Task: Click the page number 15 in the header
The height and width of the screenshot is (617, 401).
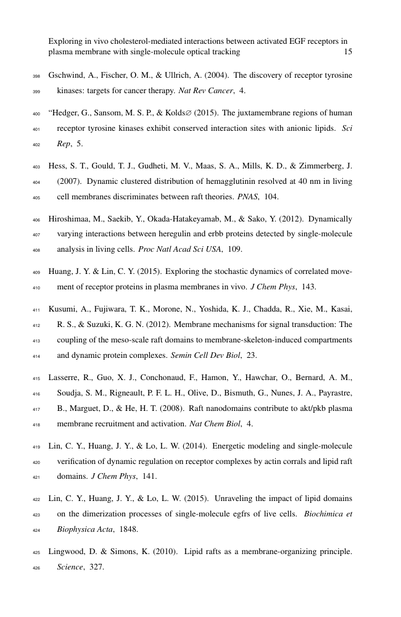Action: click(348, 52)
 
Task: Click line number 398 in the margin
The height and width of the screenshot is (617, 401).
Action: click(35, 76)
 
